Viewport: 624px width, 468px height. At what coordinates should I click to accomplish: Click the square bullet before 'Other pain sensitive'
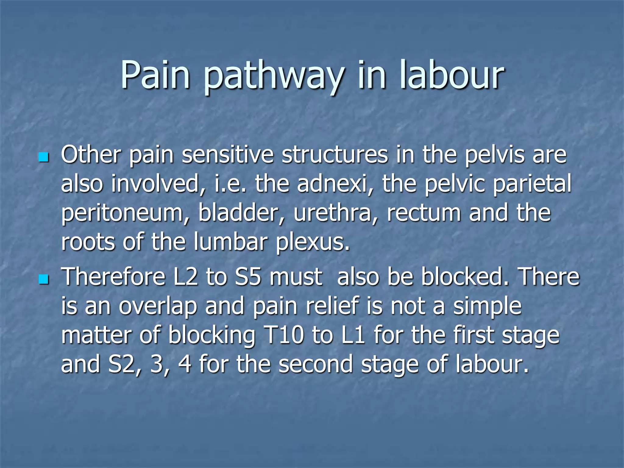[44, 157]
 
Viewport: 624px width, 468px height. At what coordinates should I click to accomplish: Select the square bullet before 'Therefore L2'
[44, 279]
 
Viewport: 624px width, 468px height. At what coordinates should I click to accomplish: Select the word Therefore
[113, 277]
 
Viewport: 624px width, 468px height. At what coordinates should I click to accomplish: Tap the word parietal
[532, 185]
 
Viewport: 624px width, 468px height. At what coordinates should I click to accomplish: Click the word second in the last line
[316, 364]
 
